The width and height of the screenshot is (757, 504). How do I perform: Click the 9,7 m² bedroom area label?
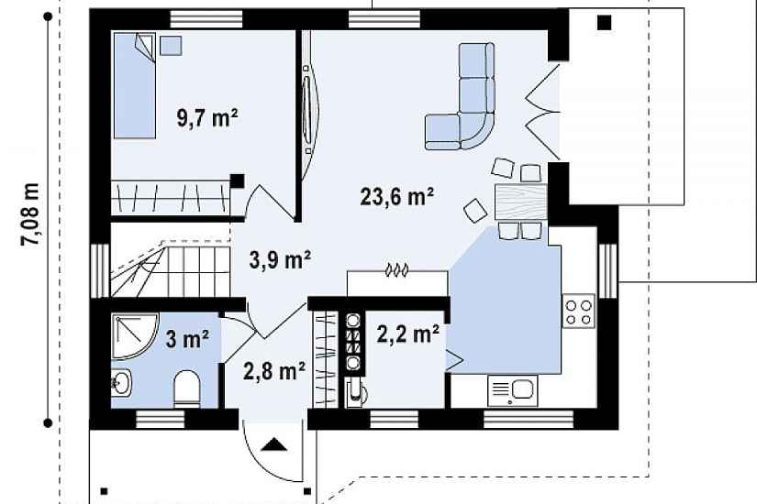coord(207,117)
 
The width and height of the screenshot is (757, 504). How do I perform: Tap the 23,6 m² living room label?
coord(396,196)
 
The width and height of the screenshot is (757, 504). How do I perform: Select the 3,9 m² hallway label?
coord(280,259)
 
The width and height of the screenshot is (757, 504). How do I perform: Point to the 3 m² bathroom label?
coord(187,339)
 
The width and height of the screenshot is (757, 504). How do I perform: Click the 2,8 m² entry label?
coord(274,371)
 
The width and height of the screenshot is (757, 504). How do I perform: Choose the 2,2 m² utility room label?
coord(408,334)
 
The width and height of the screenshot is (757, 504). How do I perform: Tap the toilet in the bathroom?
coord(186,389)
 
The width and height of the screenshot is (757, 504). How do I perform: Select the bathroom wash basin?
coord(121,383)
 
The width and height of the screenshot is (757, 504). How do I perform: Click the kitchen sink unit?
coord(512,390)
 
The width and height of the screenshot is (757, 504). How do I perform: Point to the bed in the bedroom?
coord(135,85)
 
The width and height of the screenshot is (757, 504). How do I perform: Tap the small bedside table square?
coord(171,45)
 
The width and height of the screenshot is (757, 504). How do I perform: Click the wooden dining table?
coord(521,203)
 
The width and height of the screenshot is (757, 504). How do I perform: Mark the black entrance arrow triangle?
coord(274,444)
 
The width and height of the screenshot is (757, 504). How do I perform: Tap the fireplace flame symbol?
coord(396,270)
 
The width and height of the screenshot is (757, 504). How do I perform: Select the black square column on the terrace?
coord(605,22)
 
